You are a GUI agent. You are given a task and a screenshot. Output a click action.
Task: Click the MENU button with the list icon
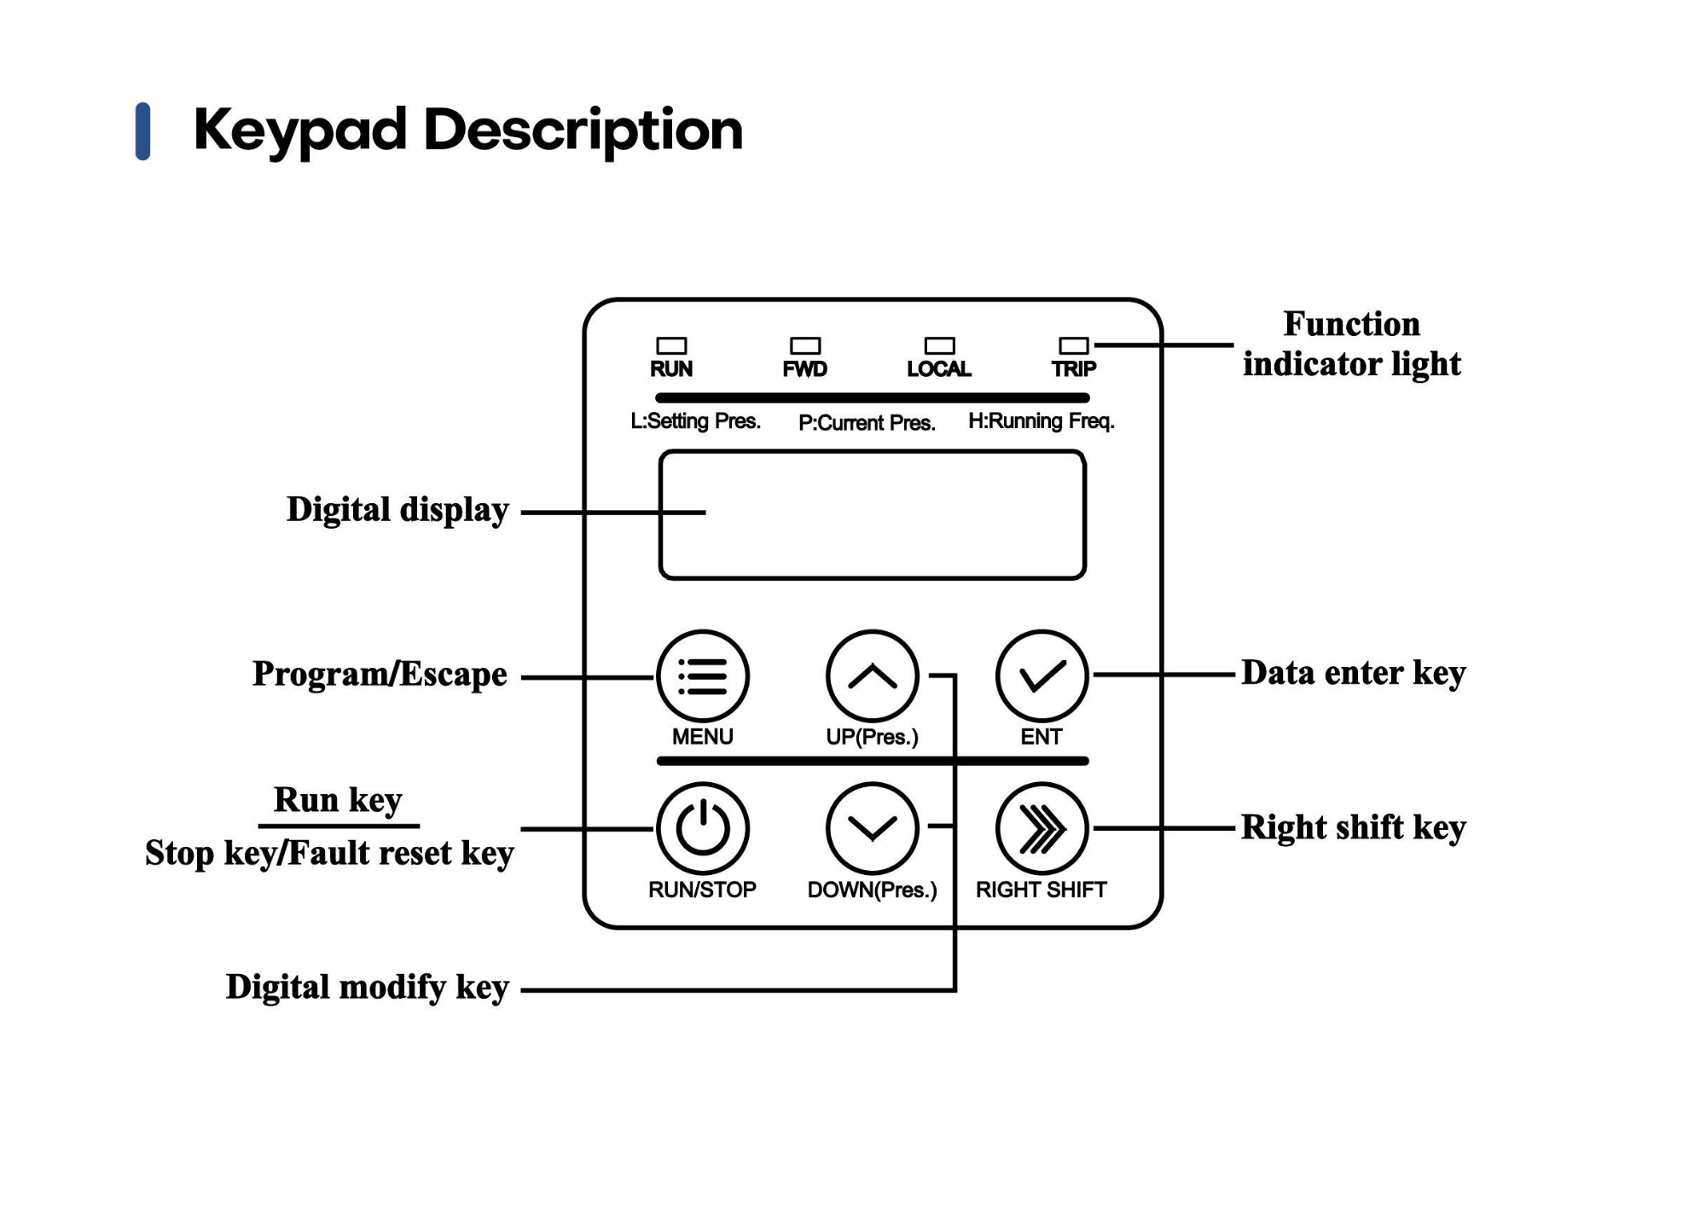point(702,676)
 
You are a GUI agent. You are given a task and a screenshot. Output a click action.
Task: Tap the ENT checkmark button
point(1042,676)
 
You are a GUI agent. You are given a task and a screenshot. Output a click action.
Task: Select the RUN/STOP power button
point(702,828)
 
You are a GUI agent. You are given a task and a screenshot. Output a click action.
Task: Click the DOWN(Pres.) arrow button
point(872,828)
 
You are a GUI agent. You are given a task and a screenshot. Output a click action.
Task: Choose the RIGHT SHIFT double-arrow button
point(1042,828)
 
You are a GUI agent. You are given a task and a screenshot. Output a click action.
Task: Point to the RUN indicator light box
point(671,345)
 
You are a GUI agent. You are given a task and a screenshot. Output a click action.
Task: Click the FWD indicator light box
point(805,345)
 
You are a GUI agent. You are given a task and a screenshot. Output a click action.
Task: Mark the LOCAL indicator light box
point(939,345)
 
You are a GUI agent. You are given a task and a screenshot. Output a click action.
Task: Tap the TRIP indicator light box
point(1073,345)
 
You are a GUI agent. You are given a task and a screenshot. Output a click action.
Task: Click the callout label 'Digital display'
point(397,511)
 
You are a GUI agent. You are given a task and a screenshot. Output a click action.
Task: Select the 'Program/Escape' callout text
point(380,675)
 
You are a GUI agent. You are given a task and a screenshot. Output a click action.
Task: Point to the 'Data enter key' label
point(1353,674)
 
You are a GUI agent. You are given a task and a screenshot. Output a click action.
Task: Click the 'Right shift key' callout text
point(1353,828)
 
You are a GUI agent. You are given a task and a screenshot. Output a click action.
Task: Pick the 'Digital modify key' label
point(367,988)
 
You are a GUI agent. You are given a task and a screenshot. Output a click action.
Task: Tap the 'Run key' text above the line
point(338,801)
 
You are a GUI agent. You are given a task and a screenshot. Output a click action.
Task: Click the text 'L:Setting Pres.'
point(695,421)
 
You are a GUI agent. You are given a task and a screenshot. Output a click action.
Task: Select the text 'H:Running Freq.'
point(1041,421)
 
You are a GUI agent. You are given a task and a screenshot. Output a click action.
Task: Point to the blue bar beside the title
point(143,131)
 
